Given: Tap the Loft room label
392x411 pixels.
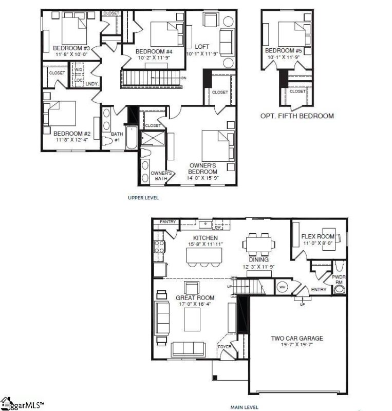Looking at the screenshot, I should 203,47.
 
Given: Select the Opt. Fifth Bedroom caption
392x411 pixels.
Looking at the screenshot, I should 297,116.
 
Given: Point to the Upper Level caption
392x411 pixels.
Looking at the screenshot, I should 143,197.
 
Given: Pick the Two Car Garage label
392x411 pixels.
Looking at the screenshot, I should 297,338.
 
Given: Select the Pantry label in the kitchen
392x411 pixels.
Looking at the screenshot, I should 167,222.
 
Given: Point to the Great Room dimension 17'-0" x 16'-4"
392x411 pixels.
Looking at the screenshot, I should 195,304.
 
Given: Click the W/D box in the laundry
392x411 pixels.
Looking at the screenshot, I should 79,69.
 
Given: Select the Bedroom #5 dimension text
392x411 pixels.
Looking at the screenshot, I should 282,57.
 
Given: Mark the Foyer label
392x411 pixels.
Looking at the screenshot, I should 225,347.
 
